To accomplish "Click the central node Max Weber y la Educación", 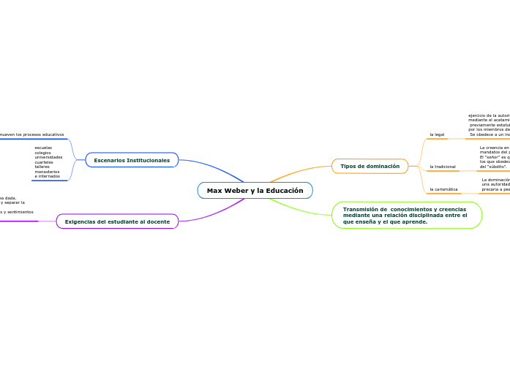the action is [x=255, y=191].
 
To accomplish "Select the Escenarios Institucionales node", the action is [x=132, y=160].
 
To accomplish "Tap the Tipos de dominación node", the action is [x=370, y=167].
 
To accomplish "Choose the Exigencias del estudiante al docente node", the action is [x=117, y=221].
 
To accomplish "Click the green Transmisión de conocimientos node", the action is [x=406, y=216].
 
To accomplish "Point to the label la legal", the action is [x=437, y=134].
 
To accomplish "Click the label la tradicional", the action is [x=443, y=167].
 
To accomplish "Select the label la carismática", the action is [x=443, y=189].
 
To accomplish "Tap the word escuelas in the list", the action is [x=43, y=148].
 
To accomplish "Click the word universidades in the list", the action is [x=48, y=157].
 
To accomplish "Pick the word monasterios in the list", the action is [x=47, y=171].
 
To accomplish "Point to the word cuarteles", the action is [x=44, y=161].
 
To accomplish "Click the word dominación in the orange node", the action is [x=383, y=167].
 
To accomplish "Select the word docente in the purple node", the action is [x=159, y=221].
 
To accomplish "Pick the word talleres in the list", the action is [x=42, y=167].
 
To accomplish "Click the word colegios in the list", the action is [x=43, y=152].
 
